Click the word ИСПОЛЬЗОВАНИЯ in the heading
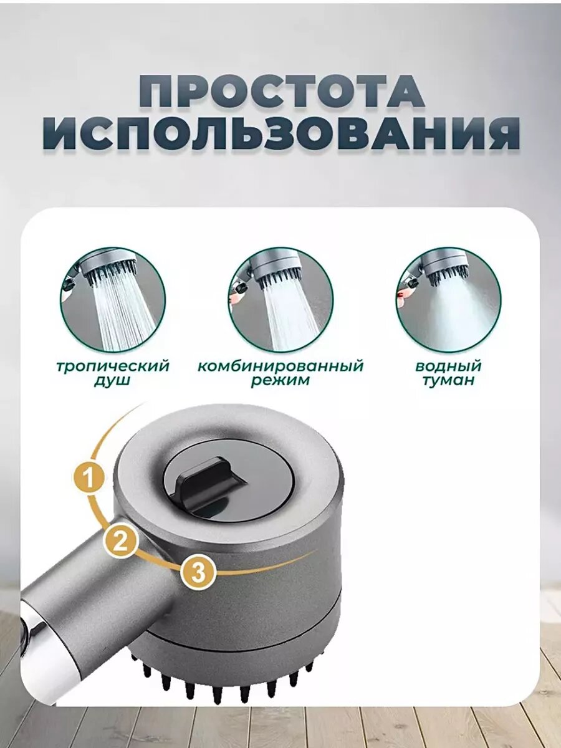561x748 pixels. [x=281, y=136]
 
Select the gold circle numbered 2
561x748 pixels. [x=120, y=540]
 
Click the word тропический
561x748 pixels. [x=113, y=367]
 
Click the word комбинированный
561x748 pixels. [x=280, y=367]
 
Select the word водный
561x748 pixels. [x=448, y=366]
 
